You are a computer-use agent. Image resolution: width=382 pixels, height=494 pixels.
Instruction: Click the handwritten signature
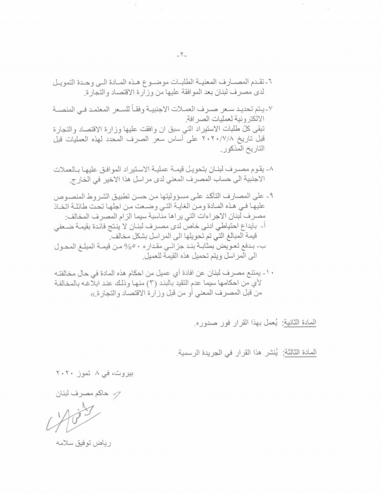tap(72, 419)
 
